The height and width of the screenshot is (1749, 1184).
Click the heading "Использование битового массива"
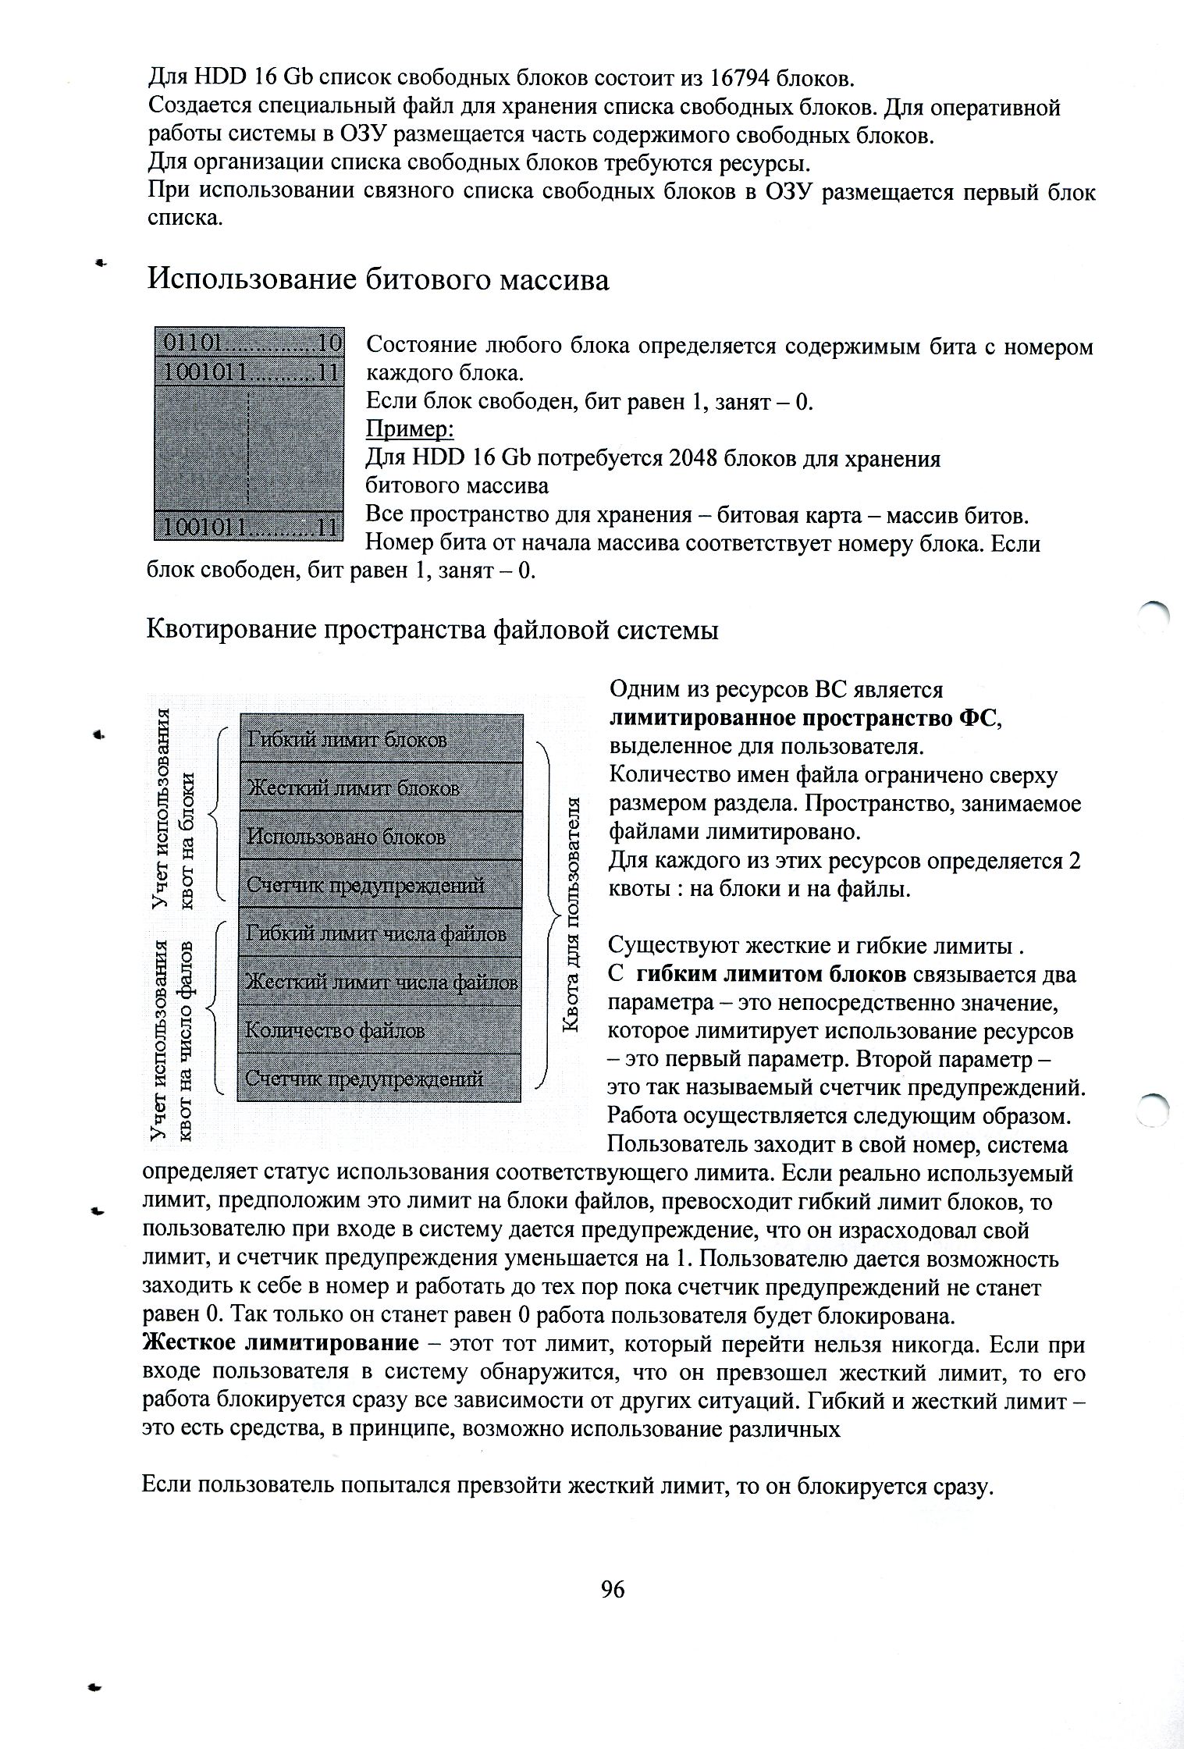[x=378, y=279]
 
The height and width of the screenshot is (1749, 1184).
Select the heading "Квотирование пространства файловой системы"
[x=432, y=630]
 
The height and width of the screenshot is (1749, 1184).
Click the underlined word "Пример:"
[x=410, y=430]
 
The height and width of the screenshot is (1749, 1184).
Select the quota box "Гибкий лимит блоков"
[x=379, y=738]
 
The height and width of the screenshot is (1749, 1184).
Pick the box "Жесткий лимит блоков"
[x=379, y=787]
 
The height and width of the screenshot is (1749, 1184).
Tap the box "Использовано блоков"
[x=379, y=837]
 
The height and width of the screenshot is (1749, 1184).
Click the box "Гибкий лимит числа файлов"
[x=379, y=933]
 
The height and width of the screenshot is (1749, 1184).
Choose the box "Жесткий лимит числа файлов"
[x=379, y=981]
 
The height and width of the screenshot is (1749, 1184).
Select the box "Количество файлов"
[x=379, y=1030]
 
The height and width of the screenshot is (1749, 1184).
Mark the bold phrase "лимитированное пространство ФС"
[x=802, y=718]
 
